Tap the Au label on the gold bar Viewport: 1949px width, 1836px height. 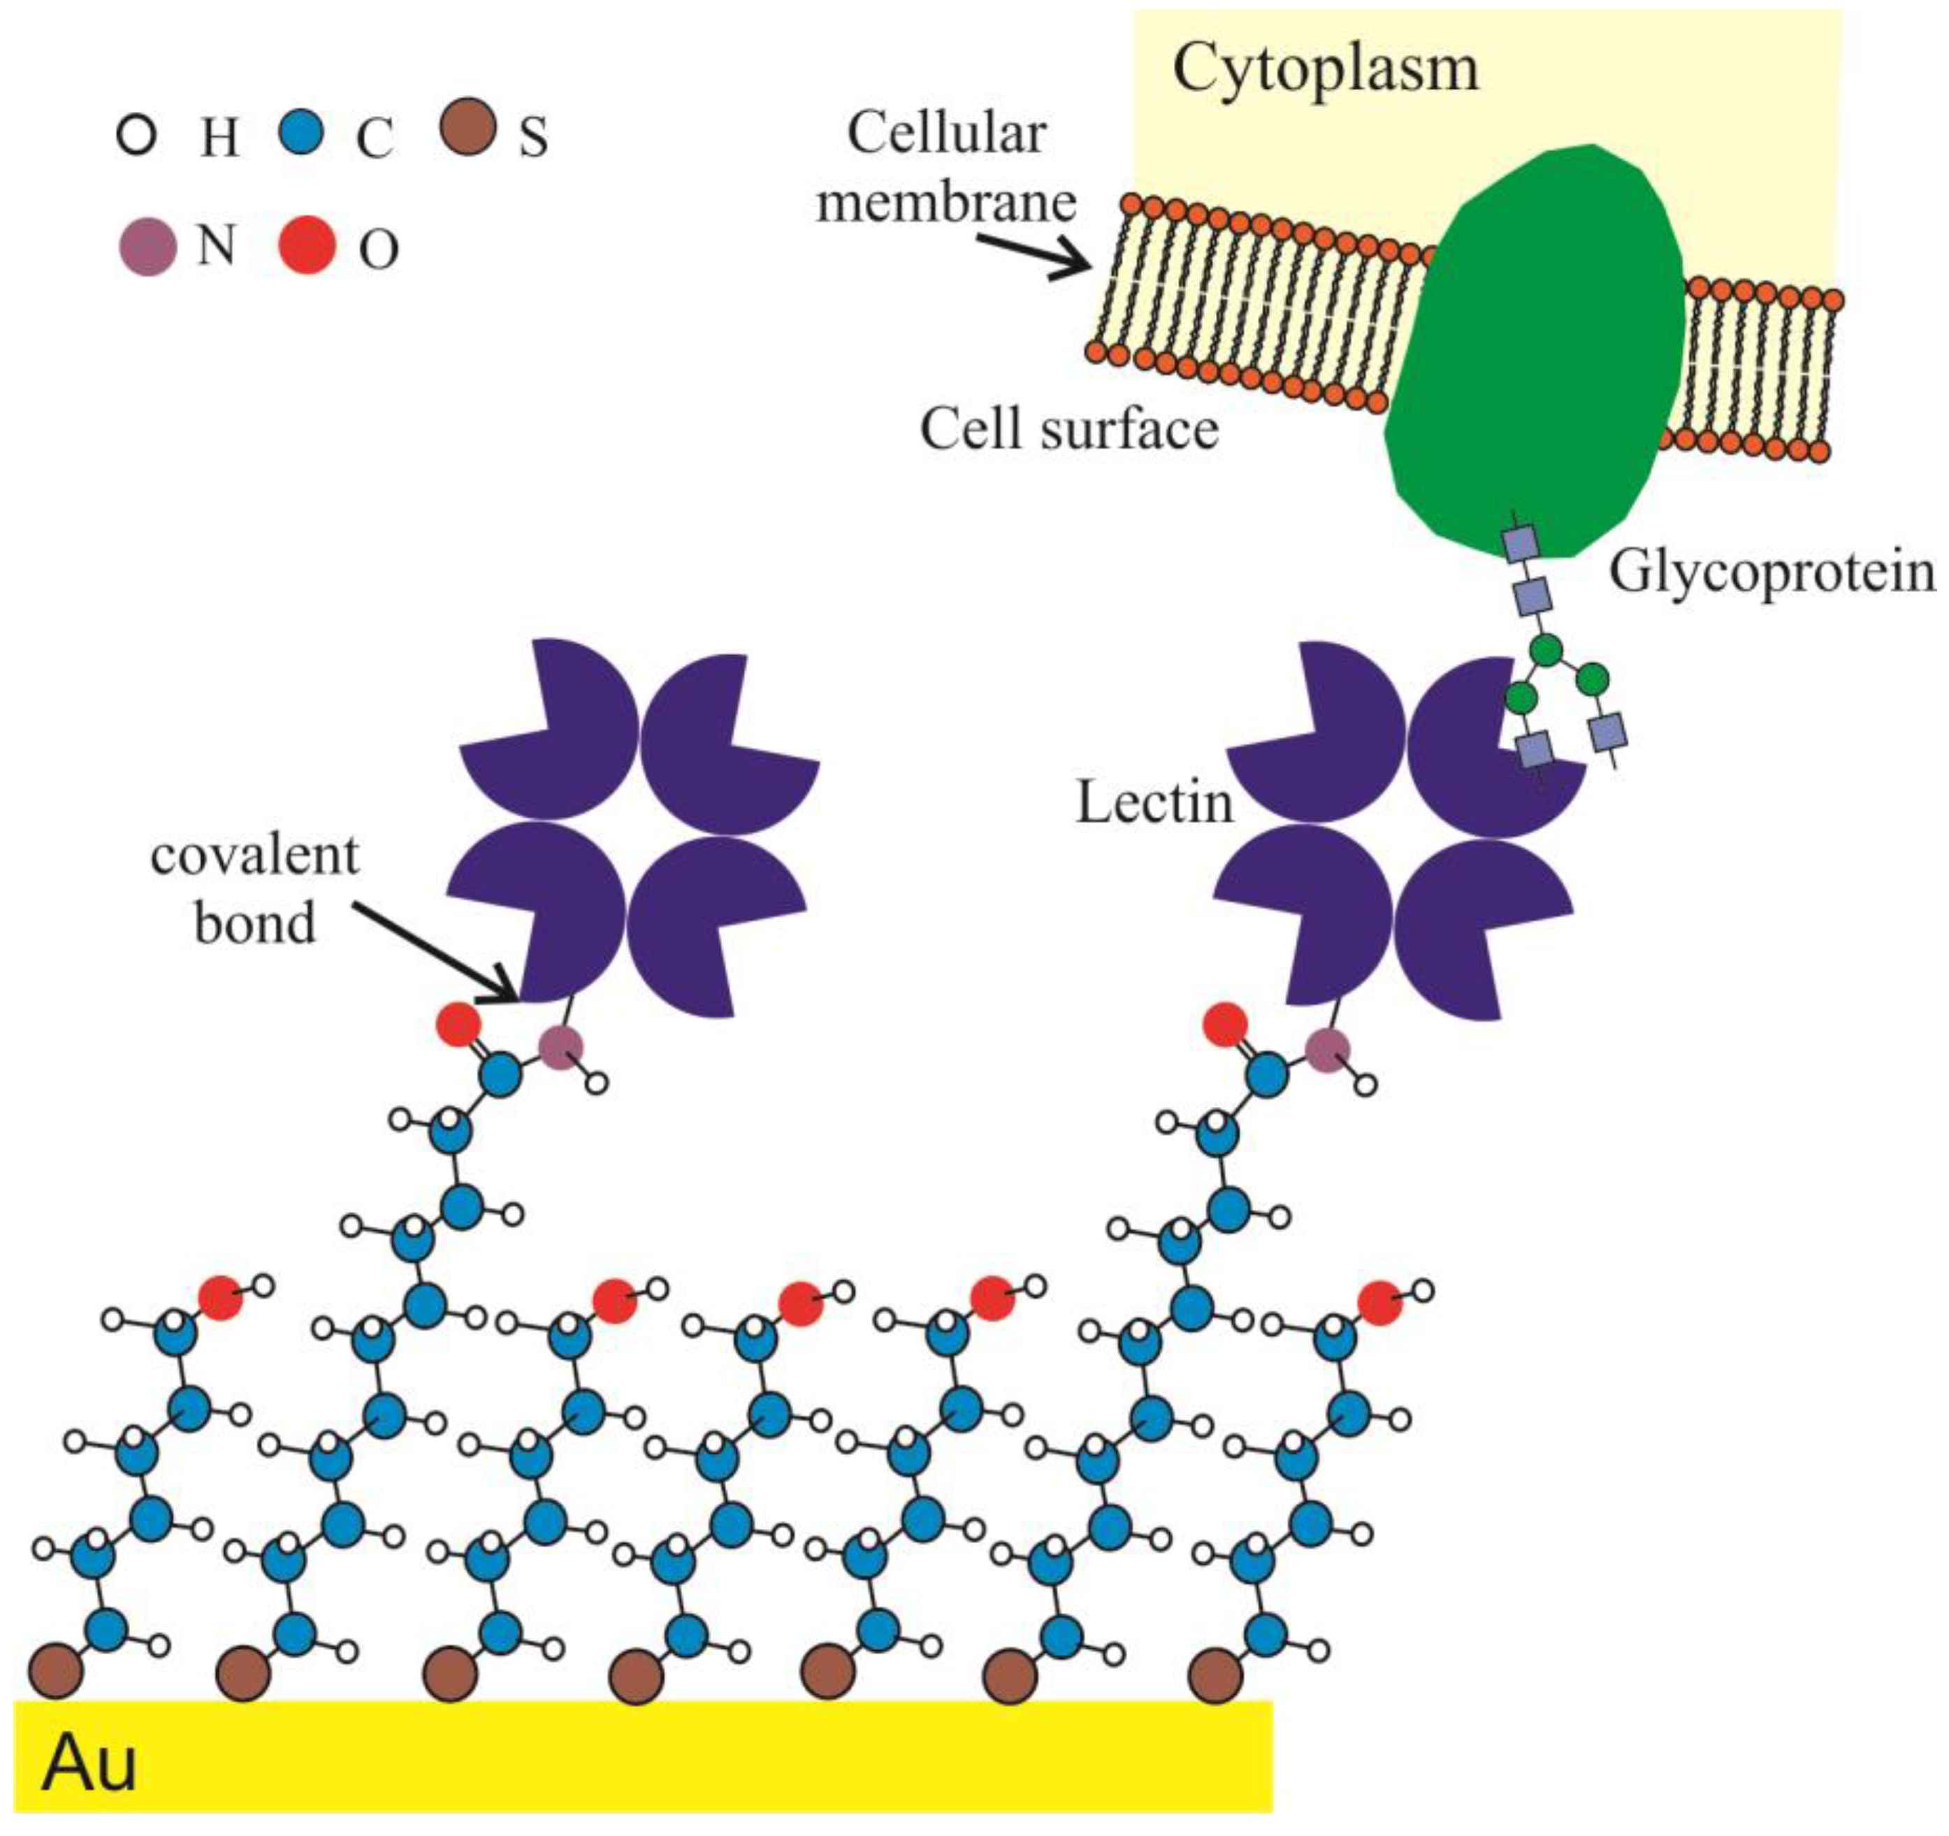(88, 1763)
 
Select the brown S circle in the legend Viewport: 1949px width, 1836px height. (467, 127)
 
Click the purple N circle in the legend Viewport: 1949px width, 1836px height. (147, 247)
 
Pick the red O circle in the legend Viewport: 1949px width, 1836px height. (307, 246)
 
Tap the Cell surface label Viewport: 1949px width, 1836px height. (1068, 429)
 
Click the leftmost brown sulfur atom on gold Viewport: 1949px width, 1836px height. (56, 1672)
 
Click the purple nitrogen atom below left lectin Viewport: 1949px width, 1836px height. (560, 1048)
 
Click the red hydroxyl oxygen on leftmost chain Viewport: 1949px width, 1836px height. (221, 1298)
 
